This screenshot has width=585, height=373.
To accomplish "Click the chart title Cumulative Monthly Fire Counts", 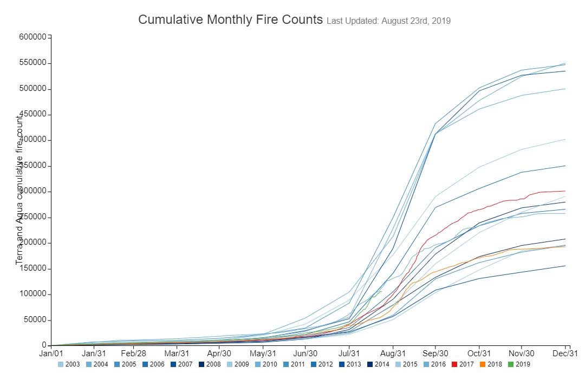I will [230, 19].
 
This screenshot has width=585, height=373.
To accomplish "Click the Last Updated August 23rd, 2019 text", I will [389, 21].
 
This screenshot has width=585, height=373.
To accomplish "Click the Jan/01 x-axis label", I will [51, 353].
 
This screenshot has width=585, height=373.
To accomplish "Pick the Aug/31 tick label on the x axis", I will [394, 353].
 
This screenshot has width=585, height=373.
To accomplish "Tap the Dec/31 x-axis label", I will [565, 353].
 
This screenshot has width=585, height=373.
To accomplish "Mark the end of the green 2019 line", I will [381, 291].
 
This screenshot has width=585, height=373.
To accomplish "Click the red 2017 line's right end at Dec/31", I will [565, 191].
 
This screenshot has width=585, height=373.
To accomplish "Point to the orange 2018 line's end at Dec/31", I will [565, 246].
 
